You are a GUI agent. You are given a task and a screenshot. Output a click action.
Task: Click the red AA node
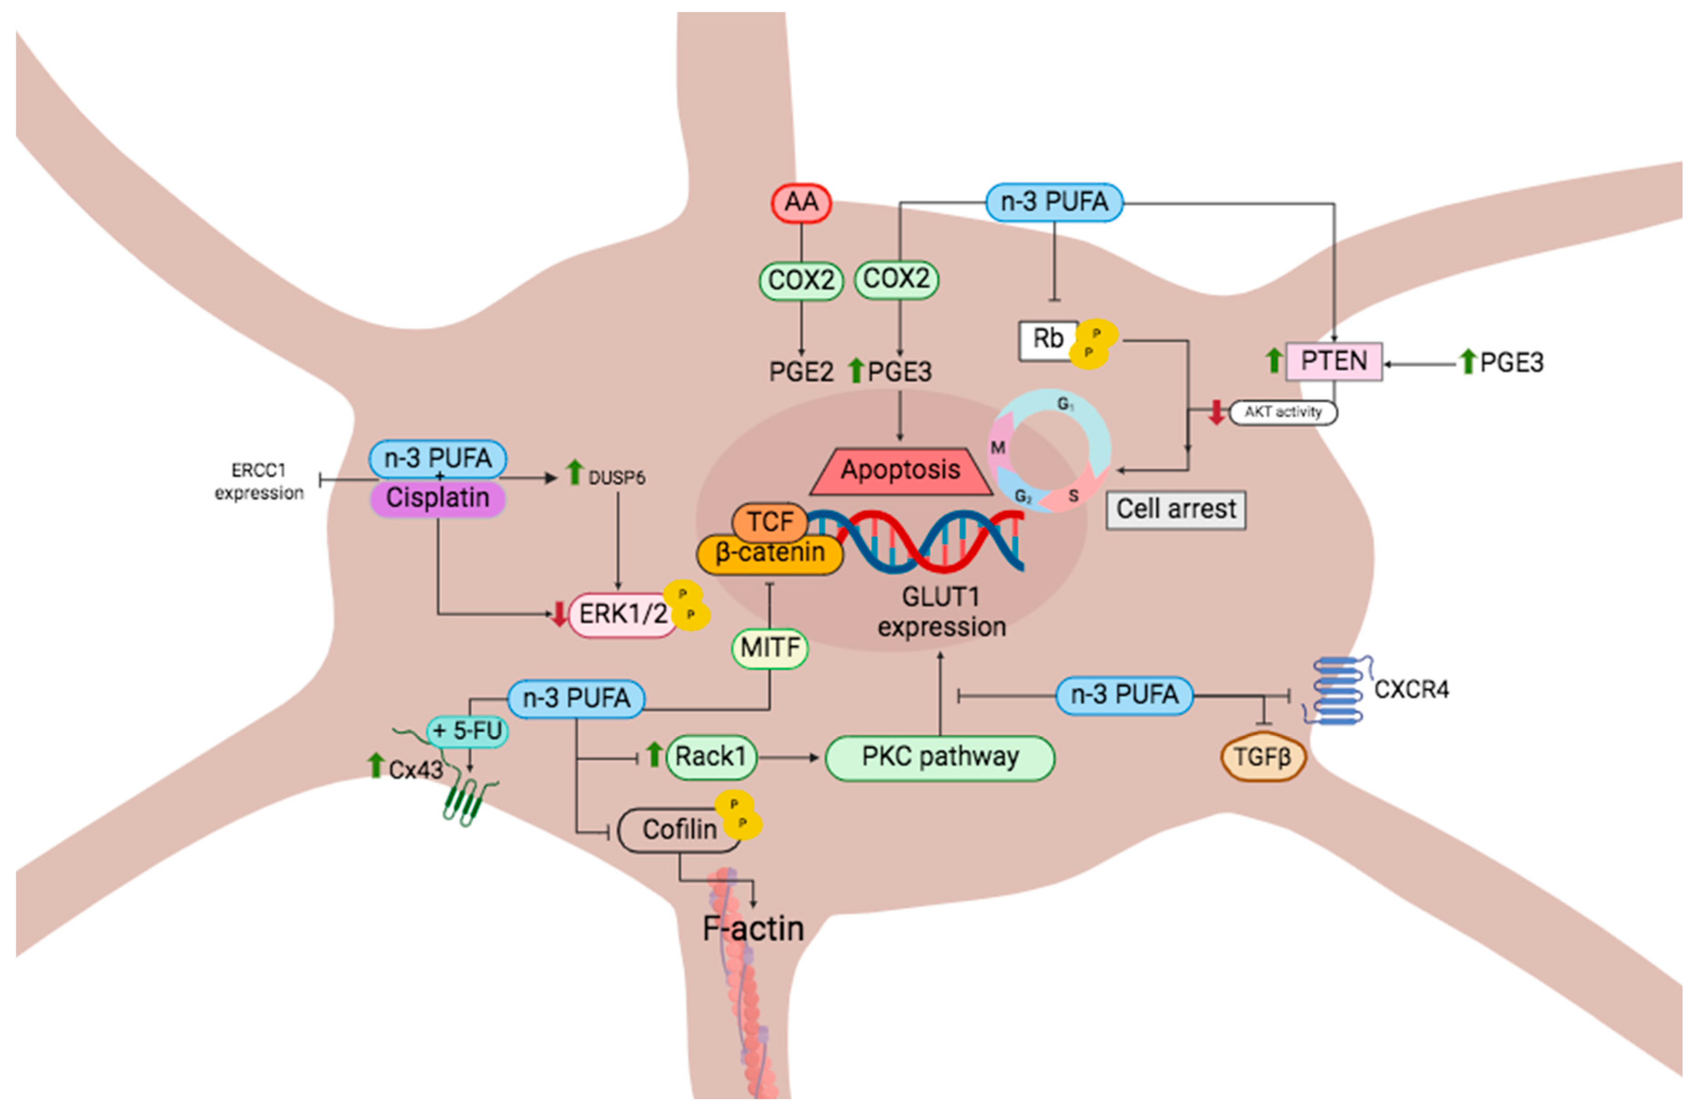point(800,203)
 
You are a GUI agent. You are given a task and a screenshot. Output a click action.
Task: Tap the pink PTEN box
point(1333,361)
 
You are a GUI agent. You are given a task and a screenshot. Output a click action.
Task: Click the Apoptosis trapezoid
point(900,470)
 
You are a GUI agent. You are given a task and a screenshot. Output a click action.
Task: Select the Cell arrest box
point(1175,510)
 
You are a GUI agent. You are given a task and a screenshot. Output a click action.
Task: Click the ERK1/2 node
point(622,614)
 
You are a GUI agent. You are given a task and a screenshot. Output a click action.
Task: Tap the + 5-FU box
point(467,731)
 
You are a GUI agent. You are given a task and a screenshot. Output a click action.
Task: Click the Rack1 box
point(710,757)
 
